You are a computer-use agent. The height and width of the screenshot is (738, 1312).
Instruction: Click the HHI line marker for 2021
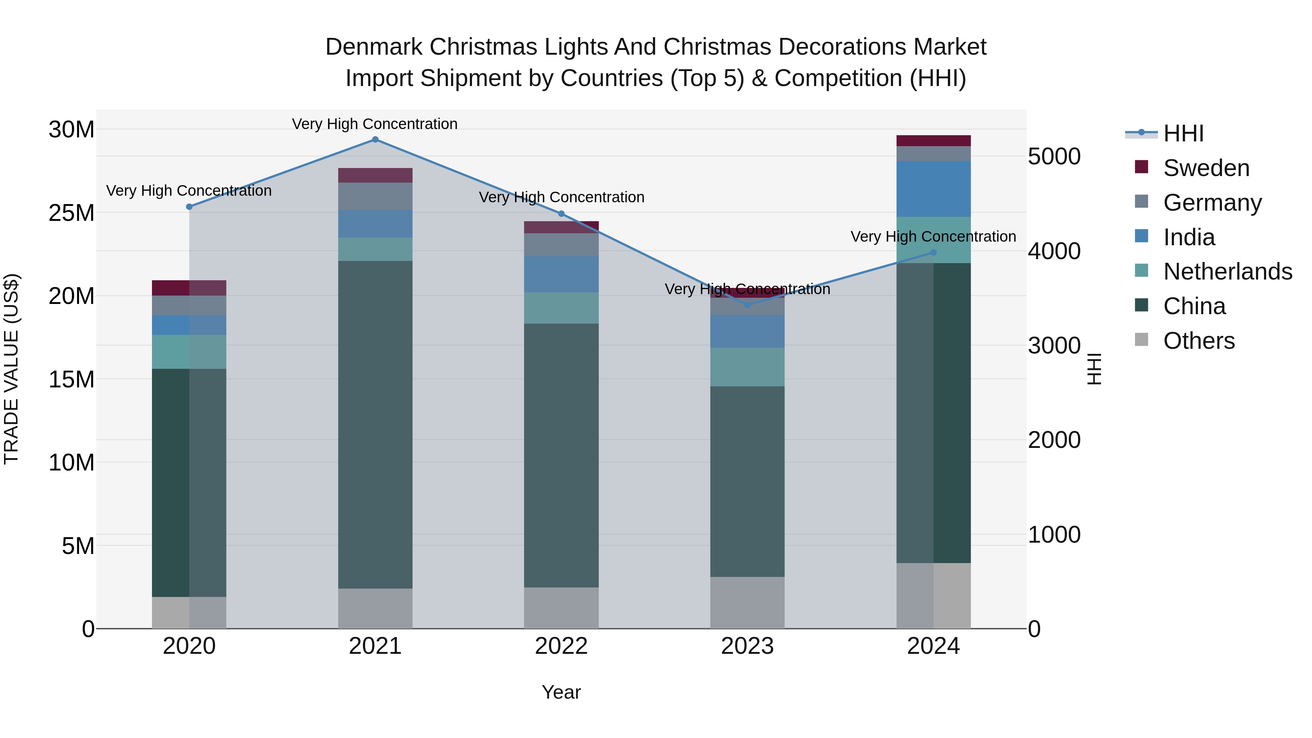tap(375, 140)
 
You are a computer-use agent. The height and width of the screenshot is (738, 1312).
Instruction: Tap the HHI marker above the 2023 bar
tap(747, 305)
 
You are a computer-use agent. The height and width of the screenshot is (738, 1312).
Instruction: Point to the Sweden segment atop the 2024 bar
tap(934, 141)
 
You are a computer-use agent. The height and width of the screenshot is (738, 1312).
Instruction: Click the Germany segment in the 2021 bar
tap(375, 196)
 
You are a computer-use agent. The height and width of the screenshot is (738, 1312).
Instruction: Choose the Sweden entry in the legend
tap(1206, 168)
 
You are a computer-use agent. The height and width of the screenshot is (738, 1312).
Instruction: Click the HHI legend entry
tap(1183, 133)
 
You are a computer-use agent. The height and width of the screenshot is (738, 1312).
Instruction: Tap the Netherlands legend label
tap(1227, 272)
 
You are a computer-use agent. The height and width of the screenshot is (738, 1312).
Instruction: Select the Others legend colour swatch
tap(1142, 340)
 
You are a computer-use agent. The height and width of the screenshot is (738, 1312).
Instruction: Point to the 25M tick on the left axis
tap(71, 213)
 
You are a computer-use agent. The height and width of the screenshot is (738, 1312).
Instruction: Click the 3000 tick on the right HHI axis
tap(1054, 346)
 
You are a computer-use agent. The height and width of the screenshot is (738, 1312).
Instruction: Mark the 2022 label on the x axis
tap(561, 646)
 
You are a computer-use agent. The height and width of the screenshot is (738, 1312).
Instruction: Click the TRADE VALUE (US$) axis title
tap(11, 369)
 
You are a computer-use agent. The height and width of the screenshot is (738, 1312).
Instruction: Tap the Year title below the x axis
tap(561, 692)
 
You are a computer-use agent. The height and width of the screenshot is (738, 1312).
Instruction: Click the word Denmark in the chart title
tap(374, 47)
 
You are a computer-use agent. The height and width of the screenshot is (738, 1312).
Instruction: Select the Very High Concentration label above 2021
tap(375, 124)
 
